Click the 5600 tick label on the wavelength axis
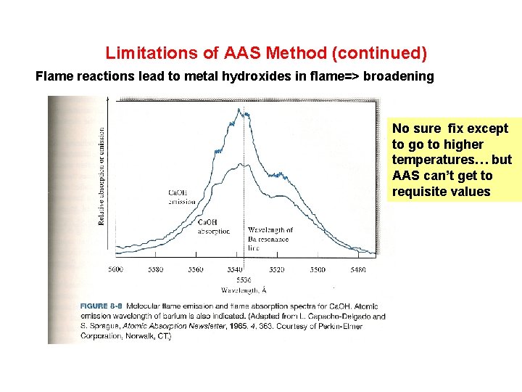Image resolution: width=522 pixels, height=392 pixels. click(116, 269)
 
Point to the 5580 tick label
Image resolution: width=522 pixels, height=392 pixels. click(156, 269)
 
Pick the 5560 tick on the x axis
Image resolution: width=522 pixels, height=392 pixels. click(196, 269)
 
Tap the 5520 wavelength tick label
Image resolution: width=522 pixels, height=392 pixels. click(277, 269)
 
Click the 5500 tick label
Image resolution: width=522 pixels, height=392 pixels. click(317, 269)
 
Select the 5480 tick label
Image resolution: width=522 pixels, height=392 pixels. click(357, 269)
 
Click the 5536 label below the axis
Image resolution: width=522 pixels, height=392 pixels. click(244, 279)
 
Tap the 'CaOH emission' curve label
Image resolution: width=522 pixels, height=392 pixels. click(181, 197)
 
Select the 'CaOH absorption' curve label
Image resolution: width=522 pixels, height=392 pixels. click(214, 226)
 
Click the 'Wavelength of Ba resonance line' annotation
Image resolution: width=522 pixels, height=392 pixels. click(270, 239)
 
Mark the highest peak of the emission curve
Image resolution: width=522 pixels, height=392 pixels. click(240, 110)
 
